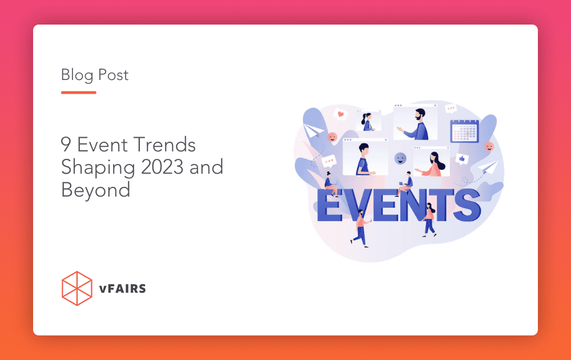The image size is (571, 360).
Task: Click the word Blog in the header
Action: tap(77, 75)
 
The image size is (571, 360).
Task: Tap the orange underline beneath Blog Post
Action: tap(79, 93)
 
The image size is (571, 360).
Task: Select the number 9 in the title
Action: tap(66, 145)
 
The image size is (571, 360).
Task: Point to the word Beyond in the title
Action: tap(95, 190)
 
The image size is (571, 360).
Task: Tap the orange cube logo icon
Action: tap(77, 288)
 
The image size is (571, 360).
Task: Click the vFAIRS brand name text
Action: tap(122, 289)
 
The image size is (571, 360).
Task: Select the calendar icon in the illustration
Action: tap(465, 131)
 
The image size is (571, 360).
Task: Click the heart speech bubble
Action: tap(340, 114)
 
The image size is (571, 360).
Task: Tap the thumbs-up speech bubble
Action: tap(462, 158)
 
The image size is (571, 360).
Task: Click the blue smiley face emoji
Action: tap(400, 158)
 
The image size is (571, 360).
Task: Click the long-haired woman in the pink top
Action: tap(433, 165)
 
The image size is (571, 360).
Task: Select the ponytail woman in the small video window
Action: tap(368, 122)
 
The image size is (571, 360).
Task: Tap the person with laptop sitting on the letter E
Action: tap(330, 183)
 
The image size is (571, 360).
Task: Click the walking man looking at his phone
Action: tap(360, 229)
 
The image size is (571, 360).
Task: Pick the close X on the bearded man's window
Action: tap(435, 105)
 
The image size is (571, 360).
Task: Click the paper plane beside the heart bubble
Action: tap(313, 130)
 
